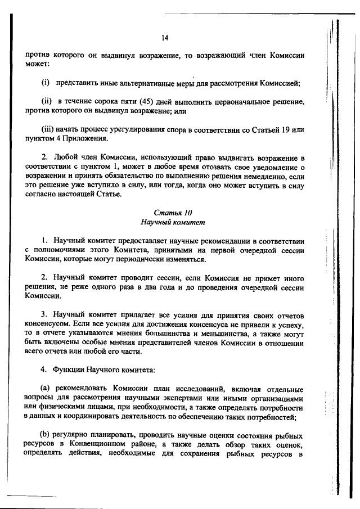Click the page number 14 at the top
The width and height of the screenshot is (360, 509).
[x=165, y=38]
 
